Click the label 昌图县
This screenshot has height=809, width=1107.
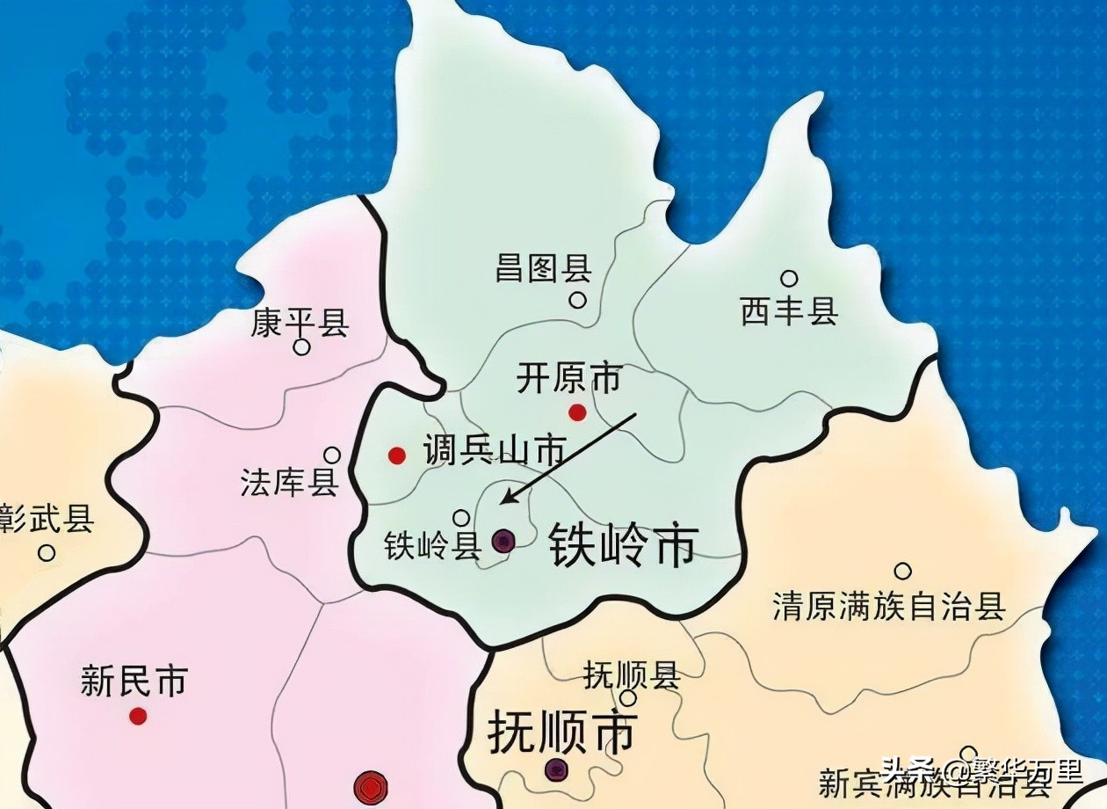tap(543, 268)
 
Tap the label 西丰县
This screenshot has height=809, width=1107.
tap(789, 311)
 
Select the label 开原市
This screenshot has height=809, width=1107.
tap(568, 379)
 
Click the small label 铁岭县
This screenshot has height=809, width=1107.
tap(432, 547)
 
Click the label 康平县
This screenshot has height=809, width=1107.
tap(300, 323)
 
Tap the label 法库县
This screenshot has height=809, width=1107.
tap(289, 482)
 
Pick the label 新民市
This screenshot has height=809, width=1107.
tap(134, 681)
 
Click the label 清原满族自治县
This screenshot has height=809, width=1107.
tap(888, 606)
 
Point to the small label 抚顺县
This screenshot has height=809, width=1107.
tap(631, 675)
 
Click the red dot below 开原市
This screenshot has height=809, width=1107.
tap(577, 412)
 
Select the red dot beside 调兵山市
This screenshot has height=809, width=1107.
tap(397, 455)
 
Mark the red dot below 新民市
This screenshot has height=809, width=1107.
tap(138, 716)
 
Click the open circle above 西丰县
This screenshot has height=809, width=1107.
tap(789, 279)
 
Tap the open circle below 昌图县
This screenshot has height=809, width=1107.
tap(577, 300)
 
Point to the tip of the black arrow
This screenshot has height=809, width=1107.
tap(501, 504)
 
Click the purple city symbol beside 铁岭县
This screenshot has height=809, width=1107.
tap(503, 540)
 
